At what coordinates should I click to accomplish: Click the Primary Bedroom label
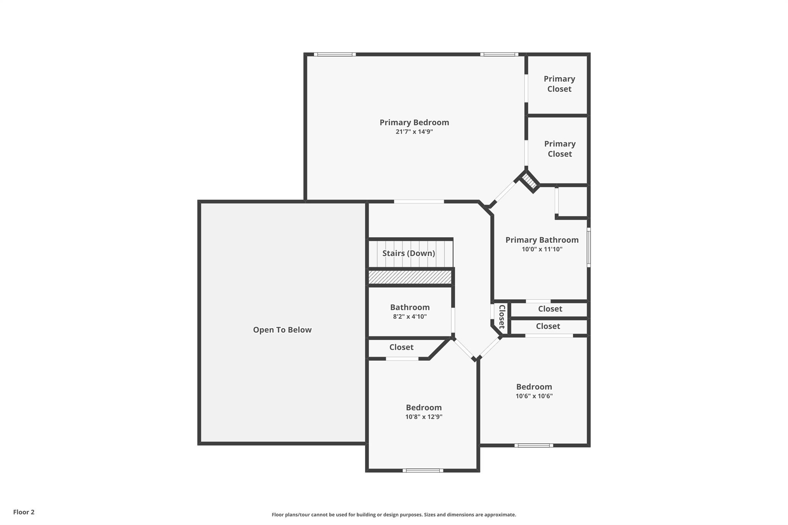click(x=414, y=122)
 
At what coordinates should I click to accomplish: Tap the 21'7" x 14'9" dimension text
click(x=414, y=132)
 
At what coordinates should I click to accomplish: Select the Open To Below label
click(x=282, y=330)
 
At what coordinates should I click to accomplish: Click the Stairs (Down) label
click(x=409, y=253)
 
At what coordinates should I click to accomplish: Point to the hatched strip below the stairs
click(x=410, y=277)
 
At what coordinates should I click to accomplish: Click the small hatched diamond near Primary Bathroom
click(x=529, y=182)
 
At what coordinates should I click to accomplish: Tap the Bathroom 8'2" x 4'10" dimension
click(x=409, y=317)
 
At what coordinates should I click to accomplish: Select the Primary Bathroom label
click(x=542, y=240)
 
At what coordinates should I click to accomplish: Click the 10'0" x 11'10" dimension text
click(x=542, y=249)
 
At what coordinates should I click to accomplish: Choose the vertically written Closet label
click(x=502, y=317)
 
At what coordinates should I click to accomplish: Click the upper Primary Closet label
click(x=559, y=84)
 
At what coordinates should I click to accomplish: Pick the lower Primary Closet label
click(x=559, y=149)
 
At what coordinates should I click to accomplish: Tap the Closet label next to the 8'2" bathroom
click(x=401, y=347)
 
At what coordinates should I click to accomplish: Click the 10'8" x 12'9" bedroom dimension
click(x=424, y=417)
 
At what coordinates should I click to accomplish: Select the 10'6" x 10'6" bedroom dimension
click(x=534, y=396)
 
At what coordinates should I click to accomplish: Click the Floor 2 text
click(x=24, y=512)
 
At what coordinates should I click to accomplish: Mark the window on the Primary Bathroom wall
click(x=588, y=247)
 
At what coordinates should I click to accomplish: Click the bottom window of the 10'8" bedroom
click(x=422, y=470)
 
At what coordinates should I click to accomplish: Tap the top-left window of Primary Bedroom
click(x=334, y=54)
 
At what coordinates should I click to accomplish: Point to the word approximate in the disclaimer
click(x=499, y=515)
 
